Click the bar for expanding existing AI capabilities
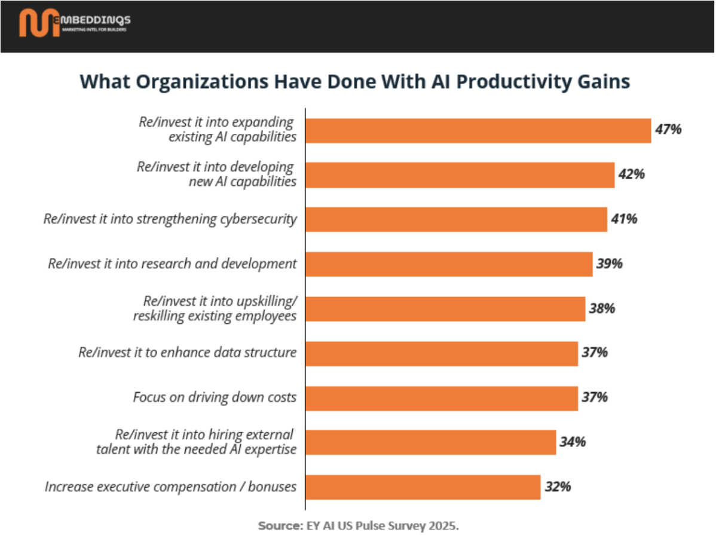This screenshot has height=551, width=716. click(x=478, y=130)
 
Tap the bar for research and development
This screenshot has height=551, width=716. click(x=449, y=264)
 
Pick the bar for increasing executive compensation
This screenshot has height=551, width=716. click(x=423, y=486)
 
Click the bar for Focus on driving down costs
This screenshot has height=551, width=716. click(x=442, y=398)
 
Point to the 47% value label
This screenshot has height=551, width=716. click(x=668, y=130)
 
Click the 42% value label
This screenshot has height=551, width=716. click(x=631, y=175)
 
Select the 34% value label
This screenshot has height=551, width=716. click(x=573, y=442)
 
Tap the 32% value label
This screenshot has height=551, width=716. click(x=558, y=486)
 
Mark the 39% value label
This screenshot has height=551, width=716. click(x=609, y=264)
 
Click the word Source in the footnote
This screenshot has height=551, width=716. click(x=279, y=526)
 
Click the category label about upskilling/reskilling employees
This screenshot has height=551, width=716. click(x=215, y=308)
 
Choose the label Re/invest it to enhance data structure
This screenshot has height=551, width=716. click(x=188, y=353)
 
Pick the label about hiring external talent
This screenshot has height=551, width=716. click(x=196, y=442)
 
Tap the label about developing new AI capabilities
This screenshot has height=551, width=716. click(x=216, y=175)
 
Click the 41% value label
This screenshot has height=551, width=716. click(x=624, y=219)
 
